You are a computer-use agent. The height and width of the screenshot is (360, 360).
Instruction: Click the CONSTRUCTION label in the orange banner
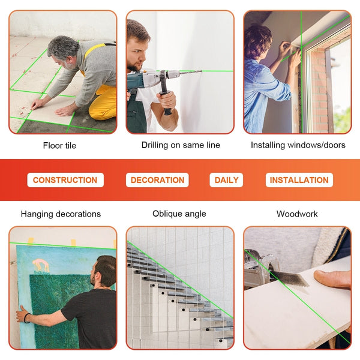(x=65, y=180)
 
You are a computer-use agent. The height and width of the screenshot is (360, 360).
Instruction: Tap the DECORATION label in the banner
(x=157, y=180)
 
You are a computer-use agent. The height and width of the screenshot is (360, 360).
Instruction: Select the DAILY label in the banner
(x=226, y=180)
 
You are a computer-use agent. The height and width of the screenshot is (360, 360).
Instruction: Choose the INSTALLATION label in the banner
(x=299, y=180)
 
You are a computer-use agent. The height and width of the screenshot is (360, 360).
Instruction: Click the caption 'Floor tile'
(x=59, y=145)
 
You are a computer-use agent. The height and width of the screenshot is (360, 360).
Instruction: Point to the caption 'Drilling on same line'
(x=181, y=145)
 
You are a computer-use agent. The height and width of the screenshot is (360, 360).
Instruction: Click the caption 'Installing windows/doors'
(x=298, y=145)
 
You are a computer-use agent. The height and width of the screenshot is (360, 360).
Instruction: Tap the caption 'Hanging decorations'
(x=61, y=214)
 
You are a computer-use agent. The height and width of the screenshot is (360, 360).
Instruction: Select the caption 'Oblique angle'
(x=179, y=214)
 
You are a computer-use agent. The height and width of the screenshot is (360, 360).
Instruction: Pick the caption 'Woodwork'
(x=297, y=214)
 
